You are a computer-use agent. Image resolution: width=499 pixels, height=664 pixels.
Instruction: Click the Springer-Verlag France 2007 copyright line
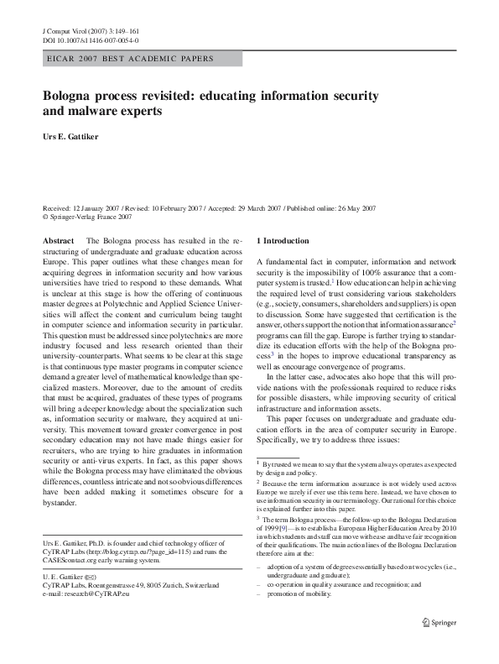point(91,215)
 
